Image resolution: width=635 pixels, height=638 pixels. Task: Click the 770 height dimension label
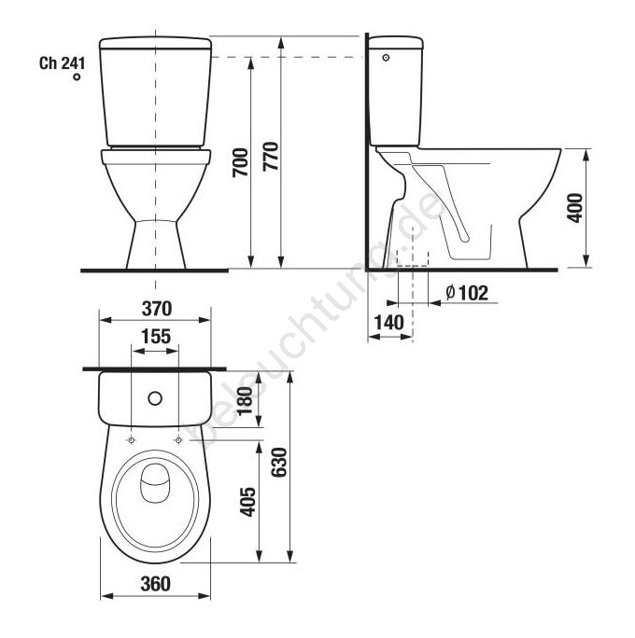271,157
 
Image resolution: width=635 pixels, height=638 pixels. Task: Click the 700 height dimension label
240,162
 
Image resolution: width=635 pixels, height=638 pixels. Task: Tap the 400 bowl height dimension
575,208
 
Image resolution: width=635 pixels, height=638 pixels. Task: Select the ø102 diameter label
467,293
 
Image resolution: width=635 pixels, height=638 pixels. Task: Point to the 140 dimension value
389,323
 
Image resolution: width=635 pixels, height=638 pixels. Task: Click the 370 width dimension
157,309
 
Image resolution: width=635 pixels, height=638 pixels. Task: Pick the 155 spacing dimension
156,337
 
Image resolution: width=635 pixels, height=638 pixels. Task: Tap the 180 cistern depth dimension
246,401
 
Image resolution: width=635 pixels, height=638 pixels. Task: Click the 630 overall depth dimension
279,463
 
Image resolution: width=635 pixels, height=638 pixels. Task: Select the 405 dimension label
247,502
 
